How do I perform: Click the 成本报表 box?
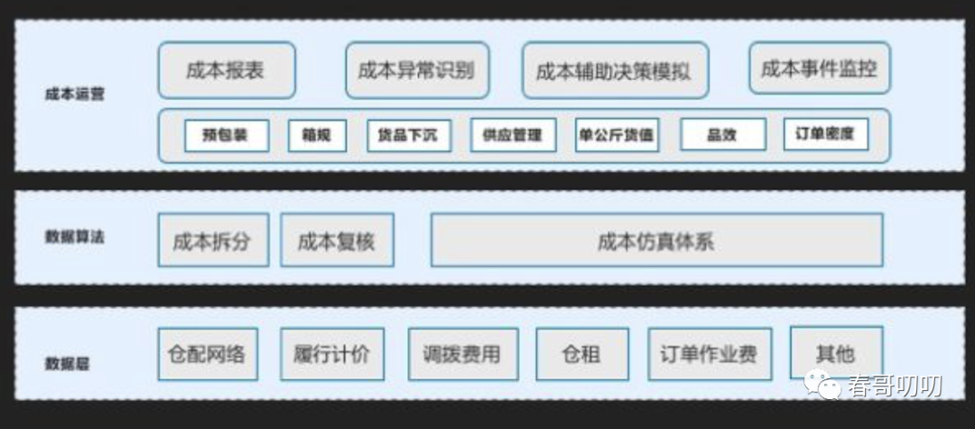point(226,70)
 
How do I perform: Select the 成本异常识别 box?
point(416,70)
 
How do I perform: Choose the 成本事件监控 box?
point(819,69)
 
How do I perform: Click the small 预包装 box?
point(226,135)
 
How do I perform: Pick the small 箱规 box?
point(317,135)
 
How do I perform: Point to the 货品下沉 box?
point(408,135)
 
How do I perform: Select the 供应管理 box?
point(512,135)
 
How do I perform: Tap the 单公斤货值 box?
point(616,135)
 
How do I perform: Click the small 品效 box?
point(722,135)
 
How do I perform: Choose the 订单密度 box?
point(825,135)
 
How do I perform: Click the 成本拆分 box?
point(212,240)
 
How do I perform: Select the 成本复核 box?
point(336,240)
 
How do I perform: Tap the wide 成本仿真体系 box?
point(656,240)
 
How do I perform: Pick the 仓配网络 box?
point(207,353)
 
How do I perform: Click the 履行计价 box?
point(331,353)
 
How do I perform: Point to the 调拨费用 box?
point(462,353)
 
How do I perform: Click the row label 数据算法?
point(74,237)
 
